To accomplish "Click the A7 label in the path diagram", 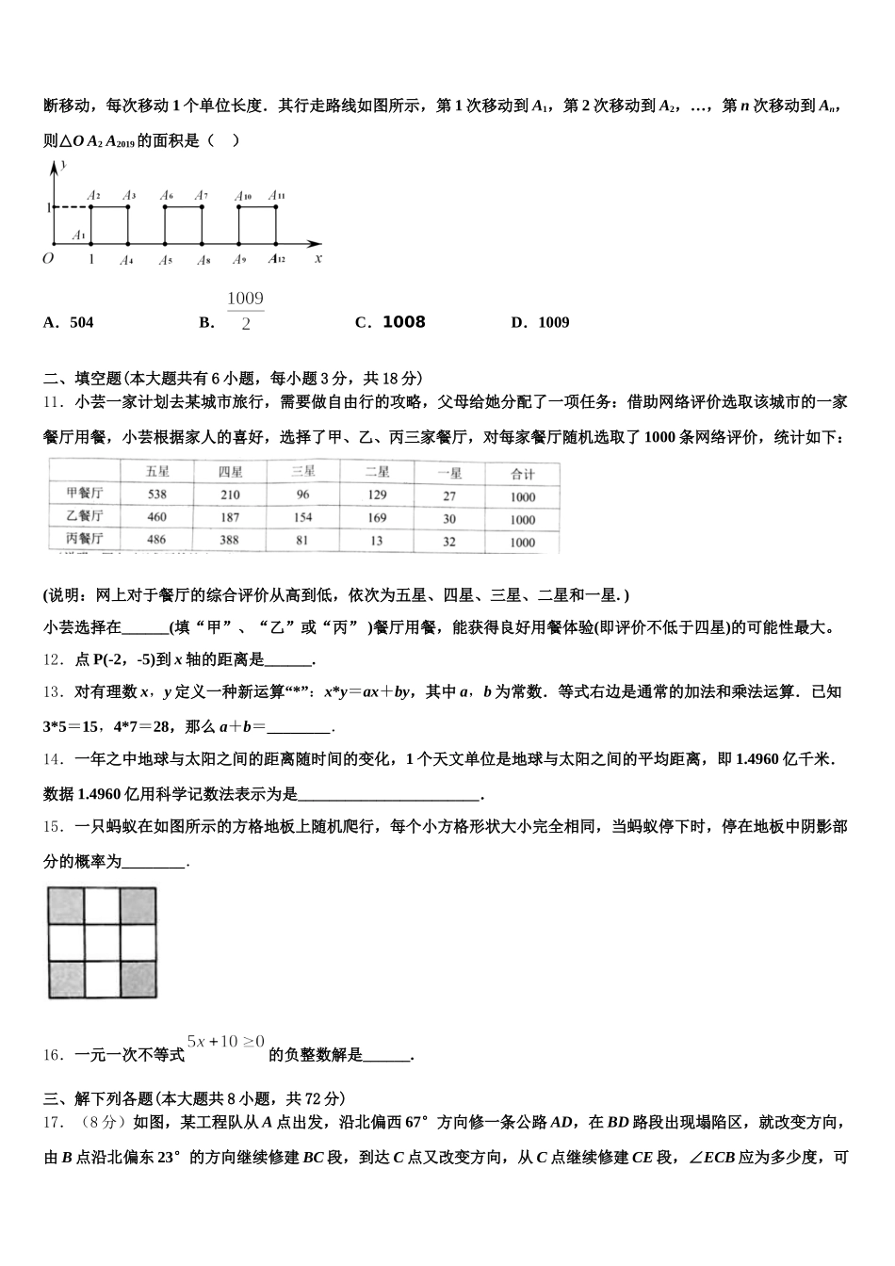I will click(201, 196).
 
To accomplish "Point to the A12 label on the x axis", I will click(276, 259).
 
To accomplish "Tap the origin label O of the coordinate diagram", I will click(48, 258).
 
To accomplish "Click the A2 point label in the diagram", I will click(93, 196).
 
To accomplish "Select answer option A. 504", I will click(69, 322).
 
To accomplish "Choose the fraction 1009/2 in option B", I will click(245, 311).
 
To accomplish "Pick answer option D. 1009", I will click(541, 322).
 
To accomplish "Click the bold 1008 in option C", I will click(403, 322).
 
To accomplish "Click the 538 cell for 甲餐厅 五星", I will click(156, 495).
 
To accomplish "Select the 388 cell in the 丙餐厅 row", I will click(230, 540).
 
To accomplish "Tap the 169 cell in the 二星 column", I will click(377, 517).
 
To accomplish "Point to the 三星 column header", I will click(303, 472).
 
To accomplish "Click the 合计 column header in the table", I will click(523, 473).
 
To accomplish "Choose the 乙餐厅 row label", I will click(85, 516).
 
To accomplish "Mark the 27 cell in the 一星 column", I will click(449, 495).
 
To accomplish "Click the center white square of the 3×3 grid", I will click(103, 942).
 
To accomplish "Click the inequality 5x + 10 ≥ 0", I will click(226, 1041).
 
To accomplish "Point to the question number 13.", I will click(52, 692).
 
